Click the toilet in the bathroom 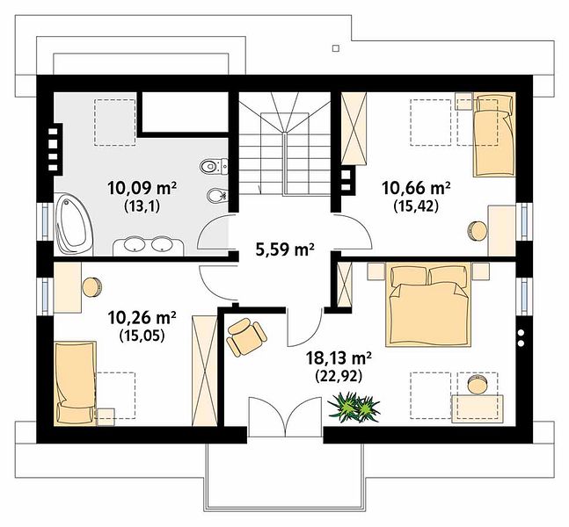pyautogui.click(x=214, y=166)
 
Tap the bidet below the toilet pyautogui.click(x=217, y=197)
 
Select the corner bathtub pyautogui.click(x=74, y=224)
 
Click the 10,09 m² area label pyautogui.click(x=142, y=189)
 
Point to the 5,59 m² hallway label pyautogui.click(x=285, y=249)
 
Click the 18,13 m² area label pyautogui.click(x=339, y=358)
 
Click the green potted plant pyautogui.click(x=354, y=407)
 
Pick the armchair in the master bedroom pyautogui.click(x=246, y=336)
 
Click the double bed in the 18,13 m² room pyautogui.click(x=428, y=305)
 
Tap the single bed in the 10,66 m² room pyautogui.click(x=494, y=135)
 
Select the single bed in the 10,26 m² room pyautogui.click(x=76, y=383)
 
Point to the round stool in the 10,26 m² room pyautogui.click(x=92, y=287)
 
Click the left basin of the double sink pyautogui.click(x=135, y=244)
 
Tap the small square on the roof pyautogui.click(x=336, y=47)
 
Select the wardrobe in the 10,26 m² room pyautogui.click(x=205, y=371)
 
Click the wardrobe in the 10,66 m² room pyautogui.click(x=354, y=128)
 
